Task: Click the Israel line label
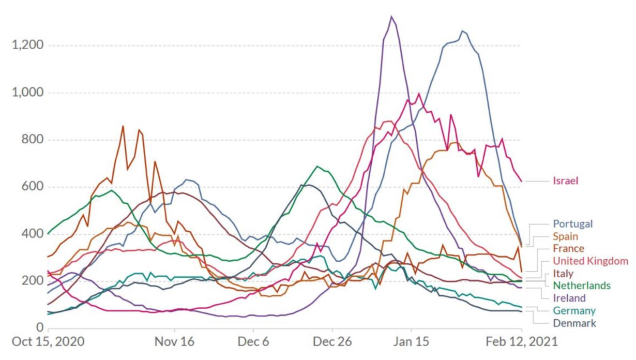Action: click(x=565, y=181)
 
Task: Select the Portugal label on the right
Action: click(x=573, y=224)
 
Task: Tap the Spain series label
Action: click(x=566, y=236)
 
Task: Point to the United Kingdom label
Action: click(x=590, y=261)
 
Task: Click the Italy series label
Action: click(x=563, y=274)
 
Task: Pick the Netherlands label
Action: click(x=582, y=286)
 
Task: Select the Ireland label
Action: click(x=569, y=298)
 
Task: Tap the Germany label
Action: click(x=574, y=311)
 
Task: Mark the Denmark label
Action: click(x=574, y=323)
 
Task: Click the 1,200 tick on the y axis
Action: click(x=28, y=46)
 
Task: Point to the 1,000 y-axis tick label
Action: click(x=28, y=93)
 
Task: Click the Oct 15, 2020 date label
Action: click(x=48, y=342)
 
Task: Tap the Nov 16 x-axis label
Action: click(x=175, y=342)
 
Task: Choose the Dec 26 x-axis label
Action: click(x=332, y=342)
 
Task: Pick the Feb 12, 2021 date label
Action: click(x=521, y=342)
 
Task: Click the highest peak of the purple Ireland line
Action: click(x=391, y=17)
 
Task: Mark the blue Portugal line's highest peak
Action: click(x=462, y=31)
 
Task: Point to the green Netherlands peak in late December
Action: click(x=317, y=167)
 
